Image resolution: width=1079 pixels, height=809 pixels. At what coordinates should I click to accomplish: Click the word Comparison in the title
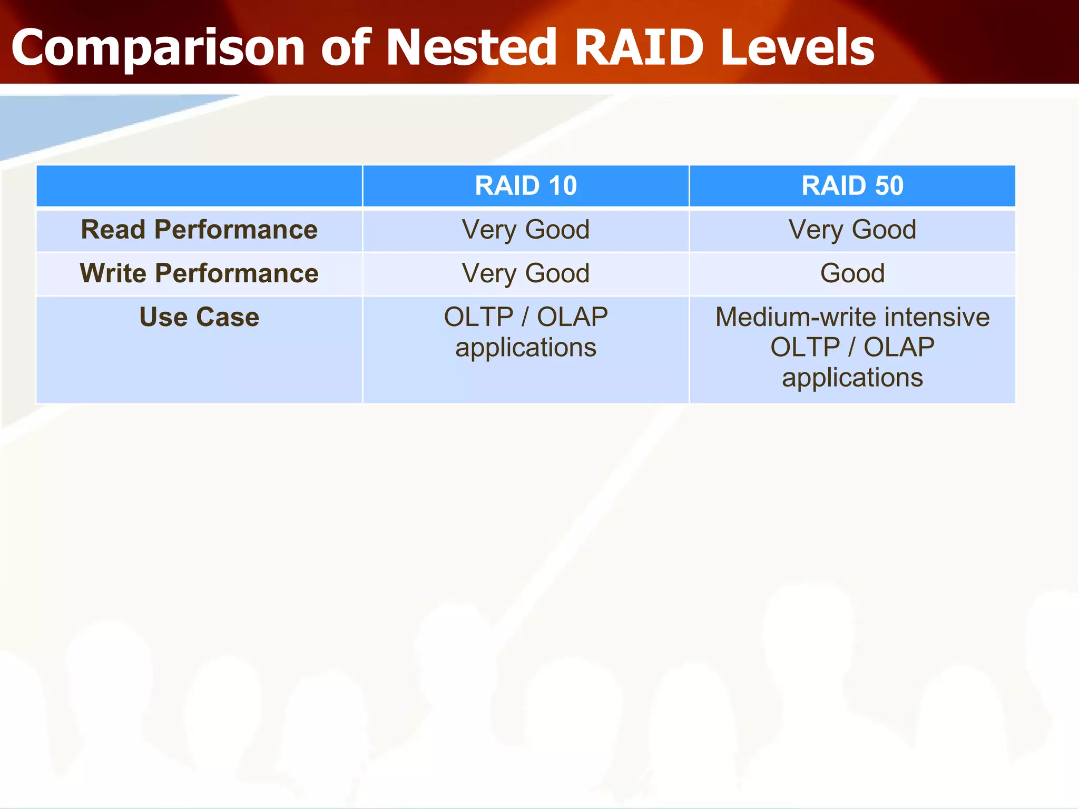point(158,48)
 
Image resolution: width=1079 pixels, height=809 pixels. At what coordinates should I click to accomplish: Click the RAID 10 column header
point(526,186)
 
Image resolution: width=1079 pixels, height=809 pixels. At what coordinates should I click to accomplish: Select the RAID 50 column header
point(852,186)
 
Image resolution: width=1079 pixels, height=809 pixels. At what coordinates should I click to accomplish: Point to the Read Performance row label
point(199,230)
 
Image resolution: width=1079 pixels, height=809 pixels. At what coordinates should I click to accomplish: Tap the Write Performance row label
point(199,274)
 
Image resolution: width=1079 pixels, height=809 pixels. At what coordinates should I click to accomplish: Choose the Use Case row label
point(199,318)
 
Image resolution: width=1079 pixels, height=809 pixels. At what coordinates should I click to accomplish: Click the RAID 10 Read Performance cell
point(526,230)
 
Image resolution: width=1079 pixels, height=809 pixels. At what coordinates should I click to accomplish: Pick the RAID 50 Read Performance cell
point(852,230)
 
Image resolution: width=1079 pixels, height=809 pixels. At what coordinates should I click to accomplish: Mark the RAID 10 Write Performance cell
point(526,274)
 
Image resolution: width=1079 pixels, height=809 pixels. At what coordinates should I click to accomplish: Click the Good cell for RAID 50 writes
point(852,274)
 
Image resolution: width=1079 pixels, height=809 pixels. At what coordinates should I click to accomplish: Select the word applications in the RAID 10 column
point(526,348)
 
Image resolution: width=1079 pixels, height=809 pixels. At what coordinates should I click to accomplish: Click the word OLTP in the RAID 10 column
point(478,318)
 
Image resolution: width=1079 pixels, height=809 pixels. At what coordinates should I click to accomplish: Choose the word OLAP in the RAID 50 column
point(899,348)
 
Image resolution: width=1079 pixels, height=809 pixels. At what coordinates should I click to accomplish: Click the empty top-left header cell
point(199,186)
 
